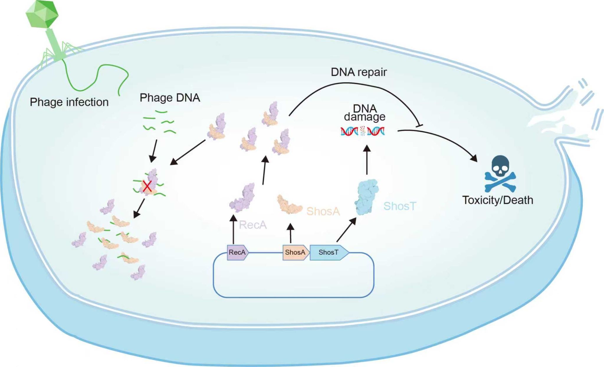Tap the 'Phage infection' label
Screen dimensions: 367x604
(x=69, y=102)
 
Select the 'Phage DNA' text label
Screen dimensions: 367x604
(x=170, y=98)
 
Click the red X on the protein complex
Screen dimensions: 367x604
(x=147, y=186)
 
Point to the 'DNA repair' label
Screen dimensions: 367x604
(x=359, y=72)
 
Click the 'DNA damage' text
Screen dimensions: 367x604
(x=365, y=112)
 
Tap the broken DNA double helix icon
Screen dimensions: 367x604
(x=362, y=131)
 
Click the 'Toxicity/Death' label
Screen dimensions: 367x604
(x=498, y=200)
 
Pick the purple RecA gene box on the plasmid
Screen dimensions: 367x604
(x=237, y=253)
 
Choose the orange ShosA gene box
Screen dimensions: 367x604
(x=295, y=253)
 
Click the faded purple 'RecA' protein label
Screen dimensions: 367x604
(x=253, y=225)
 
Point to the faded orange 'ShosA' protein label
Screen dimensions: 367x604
(x=323, y=211)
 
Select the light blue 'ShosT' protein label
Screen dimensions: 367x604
(x=400, y=206)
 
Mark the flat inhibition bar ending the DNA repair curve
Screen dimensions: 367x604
(x=419, y=126)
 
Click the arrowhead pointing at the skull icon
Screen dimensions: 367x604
(x=474, y=159)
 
